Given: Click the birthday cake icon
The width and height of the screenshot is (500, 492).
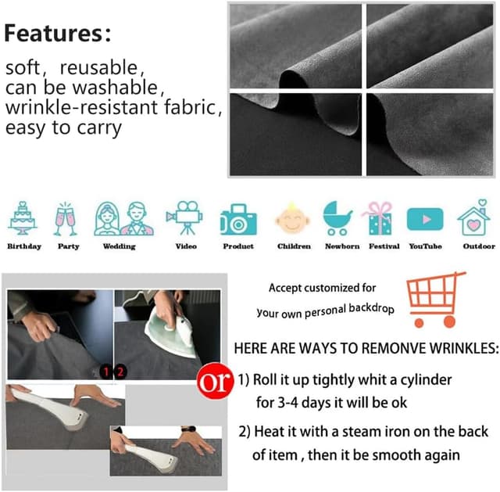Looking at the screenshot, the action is pos(23,218).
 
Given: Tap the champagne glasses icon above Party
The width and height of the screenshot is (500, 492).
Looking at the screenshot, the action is pos(66,219).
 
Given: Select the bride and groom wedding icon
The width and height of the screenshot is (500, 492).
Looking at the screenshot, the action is pos(123,219).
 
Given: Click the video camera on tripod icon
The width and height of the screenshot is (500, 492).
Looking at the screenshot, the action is pos(184,217).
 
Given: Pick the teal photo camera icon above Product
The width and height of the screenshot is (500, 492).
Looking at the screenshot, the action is pos(238,219).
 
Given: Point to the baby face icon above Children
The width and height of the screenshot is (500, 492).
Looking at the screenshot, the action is pos(292,218).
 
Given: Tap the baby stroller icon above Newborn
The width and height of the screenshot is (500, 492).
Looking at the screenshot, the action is pos(337,218).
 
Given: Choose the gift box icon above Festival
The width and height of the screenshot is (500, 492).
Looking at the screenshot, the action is pos(378,218).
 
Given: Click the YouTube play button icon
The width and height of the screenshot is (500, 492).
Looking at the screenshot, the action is pos(425,219).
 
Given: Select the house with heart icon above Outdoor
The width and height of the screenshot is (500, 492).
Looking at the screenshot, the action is pos(474,217).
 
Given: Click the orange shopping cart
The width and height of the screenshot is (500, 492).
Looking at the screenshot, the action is pos(435,300).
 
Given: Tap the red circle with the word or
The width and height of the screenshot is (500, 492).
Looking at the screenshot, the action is pos(213,381).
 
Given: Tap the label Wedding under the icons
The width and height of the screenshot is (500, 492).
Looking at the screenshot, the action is pos(120,246).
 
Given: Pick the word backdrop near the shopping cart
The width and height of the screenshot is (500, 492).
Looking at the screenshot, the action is pos(371,308).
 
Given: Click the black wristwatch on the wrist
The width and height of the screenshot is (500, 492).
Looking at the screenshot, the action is pos(187,429).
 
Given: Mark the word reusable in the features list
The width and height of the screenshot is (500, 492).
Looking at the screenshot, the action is pos(99,68).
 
